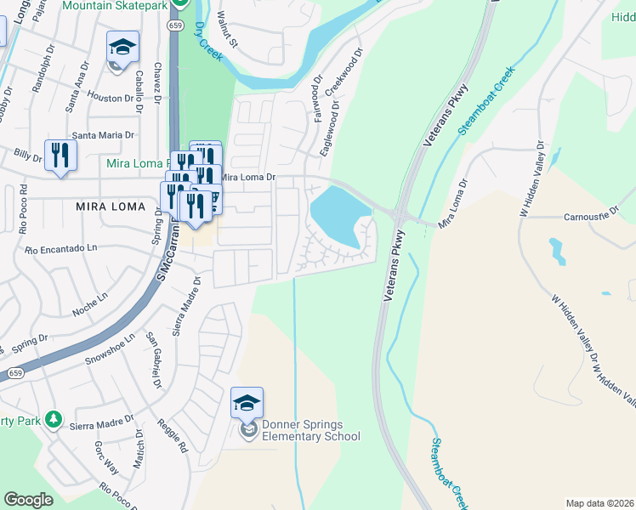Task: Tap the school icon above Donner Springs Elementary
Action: (247, 402)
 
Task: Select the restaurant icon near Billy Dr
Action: (60, 155)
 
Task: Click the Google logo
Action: (29, 500)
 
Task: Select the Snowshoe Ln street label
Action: (110, 349)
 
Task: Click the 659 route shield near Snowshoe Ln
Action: (15, 372)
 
